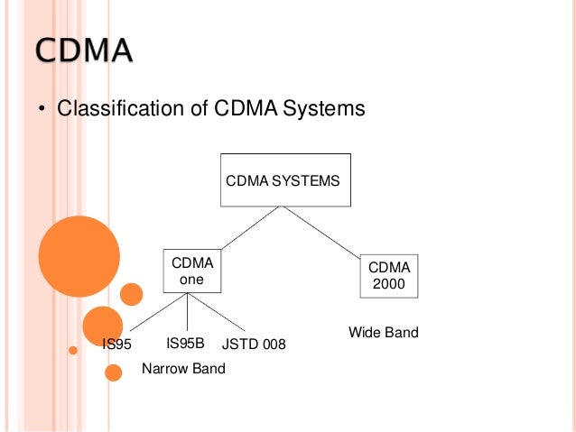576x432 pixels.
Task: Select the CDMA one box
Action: [x=191, y=271]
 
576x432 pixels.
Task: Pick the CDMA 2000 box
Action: [x=389, y=277]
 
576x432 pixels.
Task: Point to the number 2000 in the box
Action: [x=389, y=285]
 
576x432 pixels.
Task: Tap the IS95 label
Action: [x=117, y=344]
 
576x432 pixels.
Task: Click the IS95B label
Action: [x=186, y=343]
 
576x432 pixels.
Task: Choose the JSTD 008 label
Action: [x=254, y=344]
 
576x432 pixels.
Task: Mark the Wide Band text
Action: [x=384, y=333]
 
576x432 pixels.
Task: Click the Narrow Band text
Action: [x=183, y=369]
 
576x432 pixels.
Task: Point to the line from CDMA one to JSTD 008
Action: [x=222, y=314]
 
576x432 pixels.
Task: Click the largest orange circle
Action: [x=79, y=257]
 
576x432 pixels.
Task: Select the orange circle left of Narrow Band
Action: [x=114, y=372]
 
